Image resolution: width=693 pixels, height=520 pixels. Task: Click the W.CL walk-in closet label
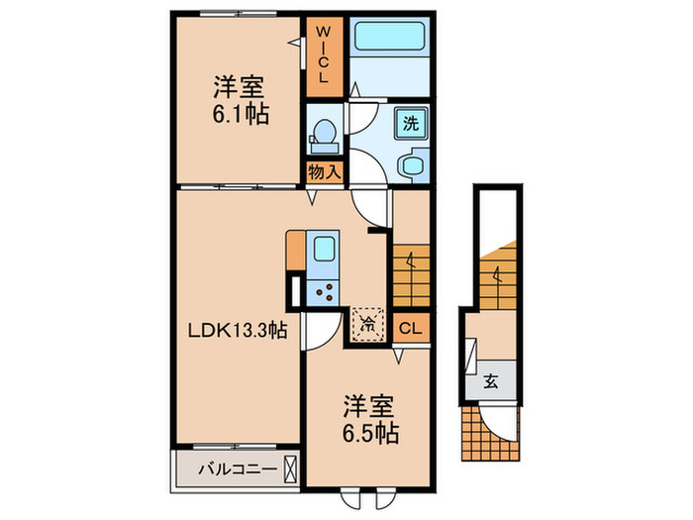(324, 55)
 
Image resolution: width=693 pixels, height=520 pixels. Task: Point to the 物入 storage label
(324, 172)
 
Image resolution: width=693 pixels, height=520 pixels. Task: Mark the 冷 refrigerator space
(367, 321)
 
